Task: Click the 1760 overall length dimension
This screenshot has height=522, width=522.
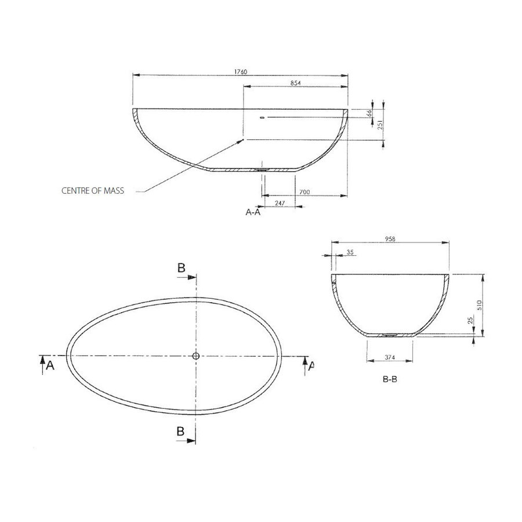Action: pyautogui.click(x=241, y=71)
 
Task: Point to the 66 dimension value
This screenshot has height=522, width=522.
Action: pyautogui.click(x=369, y=113)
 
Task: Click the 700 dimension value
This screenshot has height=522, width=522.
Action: pyautogui.click(x=305, y=191)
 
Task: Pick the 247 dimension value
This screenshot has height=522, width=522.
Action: pyautogui.click(x=279, y=204)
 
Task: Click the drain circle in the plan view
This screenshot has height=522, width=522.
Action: pyautogui.click(x=196, y=356)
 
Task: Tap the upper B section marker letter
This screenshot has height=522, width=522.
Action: pyautogui.click(x=181, y=267)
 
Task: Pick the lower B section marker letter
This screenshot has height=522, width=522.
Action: pyautogui.click(x=181, y=432)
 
